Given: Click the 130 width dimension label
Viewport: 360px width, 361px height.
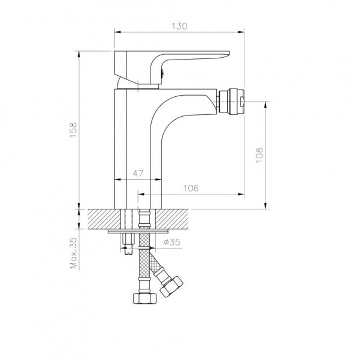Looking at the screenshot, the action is [179, 26].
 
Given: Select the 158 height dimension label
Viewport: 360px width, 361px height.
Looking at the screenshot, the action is [73, 130].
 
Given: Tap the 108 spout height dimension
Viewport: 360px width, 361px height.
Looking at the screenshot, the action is [259, 155].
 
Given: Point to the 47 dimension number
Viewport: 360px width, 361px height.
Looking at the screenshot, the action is [138, 173].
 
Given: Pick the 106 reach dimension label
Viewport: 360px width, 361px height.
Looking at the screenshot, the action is [191, 188].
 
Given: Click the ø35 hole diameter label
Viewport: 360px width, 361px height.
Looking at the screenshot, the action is [172, 242].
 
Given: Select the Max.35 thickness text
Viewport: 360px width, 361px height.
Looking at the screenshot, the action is [73, 253].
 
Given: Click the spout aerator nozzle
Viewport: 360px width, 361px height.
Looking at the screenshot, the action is [231, 101].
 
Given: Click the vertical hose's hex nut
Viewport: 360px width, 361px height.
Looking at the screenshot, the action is [145, 298].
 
